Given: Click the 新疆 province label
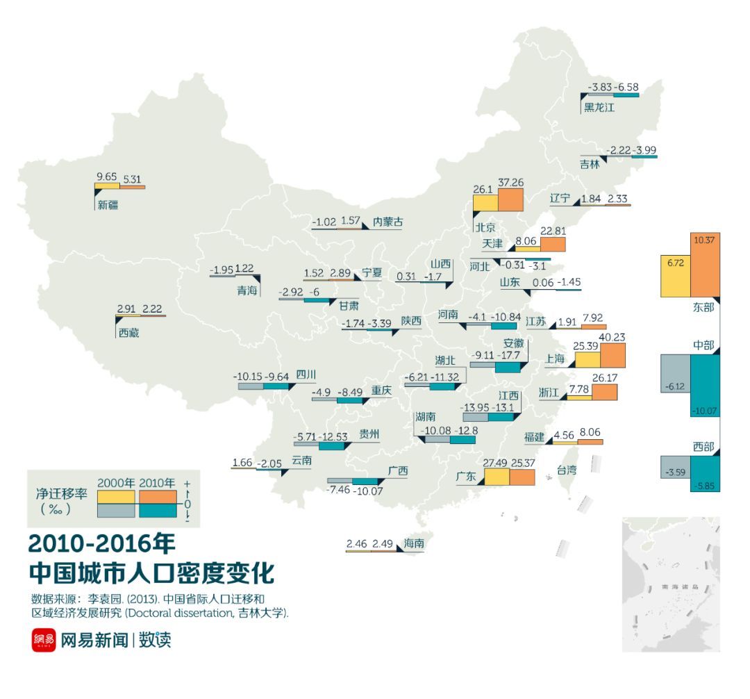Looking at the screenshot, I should pos(108,205).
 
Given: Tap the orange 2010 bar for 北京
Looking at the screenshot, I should pos(510,199).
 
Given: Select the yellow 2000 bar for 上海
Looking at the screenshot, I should pos(587,359).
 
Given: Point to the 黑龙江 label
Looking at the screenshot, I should pos(599,107).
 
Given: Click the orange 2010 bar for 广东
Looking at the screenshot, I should pos(522,477).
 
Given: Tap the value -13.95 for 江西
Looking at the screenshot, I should pos(476,407).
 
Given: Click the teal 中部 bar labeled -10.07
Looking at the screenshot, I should pos(705,386).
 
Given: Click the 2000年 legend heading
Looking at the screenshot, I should pos(117,484).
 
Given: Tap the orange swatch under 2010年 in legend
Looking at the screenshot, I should pos(159,497).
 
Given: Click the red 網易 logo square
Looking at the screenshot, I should pos(43,640).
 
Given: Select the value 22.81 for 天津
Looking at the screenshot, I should pos(552,231).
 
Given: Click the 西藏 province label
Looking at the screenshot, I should pos(128,333).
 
